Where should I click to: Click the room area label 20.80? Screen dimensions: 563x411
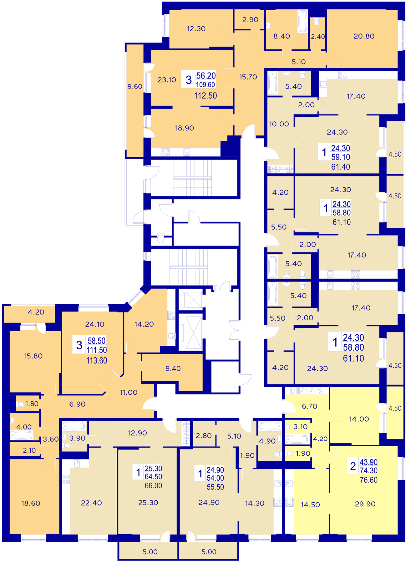pos(364,36)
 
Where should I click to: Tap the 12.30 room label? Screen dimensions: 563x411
pos(196,29)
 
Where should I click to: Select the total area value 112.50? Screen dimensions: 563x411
pos(205,96)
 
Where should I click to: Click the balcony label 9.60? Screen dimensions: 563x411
pos(135,87)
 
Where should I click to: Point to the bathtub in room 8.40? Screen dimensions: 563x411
pos(302,21)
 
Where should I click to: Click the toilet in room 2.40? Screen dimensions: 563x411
pos(316,22)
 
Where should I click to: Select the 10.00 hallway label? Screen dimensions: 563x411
pos(279,124)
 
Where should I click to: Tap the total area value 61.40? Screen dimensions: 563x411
pos(340,167)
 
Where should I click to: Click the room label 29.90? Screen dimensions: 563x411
pos(365,504)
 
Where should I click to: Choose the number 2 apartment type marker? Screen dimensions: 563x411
pos(353,466)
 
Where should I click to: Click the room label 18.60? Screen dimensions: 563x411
pos(31,503)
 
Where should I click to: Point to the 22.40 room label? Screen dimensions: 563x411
pos(91,503)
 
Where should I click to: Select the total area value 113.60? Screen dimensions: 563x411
pos(97,361)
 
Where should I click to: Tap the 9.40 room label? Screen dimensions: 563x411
pos(173,369)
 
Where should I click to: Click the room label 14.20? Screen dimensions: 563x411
pos(144,324)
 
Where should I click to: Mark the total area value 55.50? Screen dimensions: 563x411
pos(215,487)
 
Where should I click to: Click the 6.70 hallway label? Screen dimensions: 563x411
pos(310,406)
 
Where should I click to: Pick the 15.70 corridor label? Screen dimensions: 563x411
pos(248,77)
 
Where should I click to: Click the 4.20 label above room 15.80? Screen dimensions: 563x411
pos(36,312)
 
